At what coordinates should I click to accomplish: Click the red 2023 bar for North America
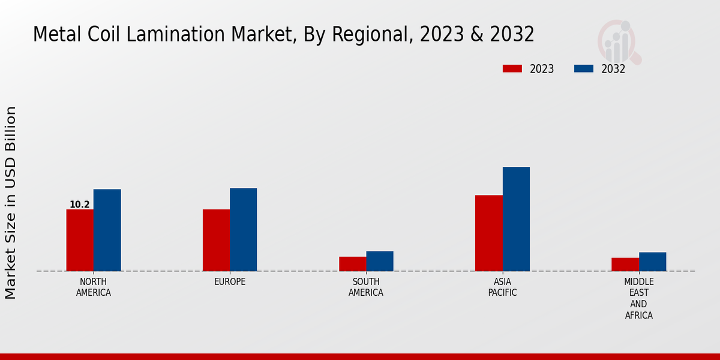80,240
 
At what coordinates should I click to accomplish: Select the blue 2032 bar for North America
107,230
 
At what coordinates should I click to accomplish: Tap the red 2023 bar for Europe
216,240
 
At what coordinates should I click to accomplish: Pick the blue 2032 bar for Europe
243,229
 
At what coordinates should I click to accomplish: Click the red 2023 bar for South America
352,264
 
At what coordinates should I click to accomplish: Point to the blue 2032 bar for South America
380,261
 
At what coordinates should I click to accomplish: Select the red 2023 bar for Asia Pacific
488,233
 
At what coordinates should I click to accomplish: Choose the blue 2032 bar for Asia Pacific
516,219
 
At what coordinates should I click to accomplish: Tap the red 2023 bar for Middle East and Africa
625,265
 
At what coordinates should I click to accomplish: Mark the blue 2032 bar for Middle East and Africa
652,262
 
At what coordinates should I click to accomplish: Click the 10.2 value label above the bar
80,205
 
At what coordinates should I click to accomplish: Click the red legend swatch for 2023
512,68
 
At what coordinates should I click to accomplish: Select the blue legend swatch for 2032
583,68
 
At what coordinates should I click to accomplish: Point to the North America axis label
94,287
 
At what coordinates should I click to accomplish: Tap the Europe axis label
230,282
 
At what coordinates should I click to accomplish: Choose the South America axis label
366,287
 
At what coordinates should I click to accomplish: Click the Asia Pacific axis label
502,287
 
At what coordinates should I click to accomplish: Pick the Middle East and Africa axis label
639,298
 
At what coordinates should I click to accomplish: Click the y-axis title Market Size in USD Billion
11,203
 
